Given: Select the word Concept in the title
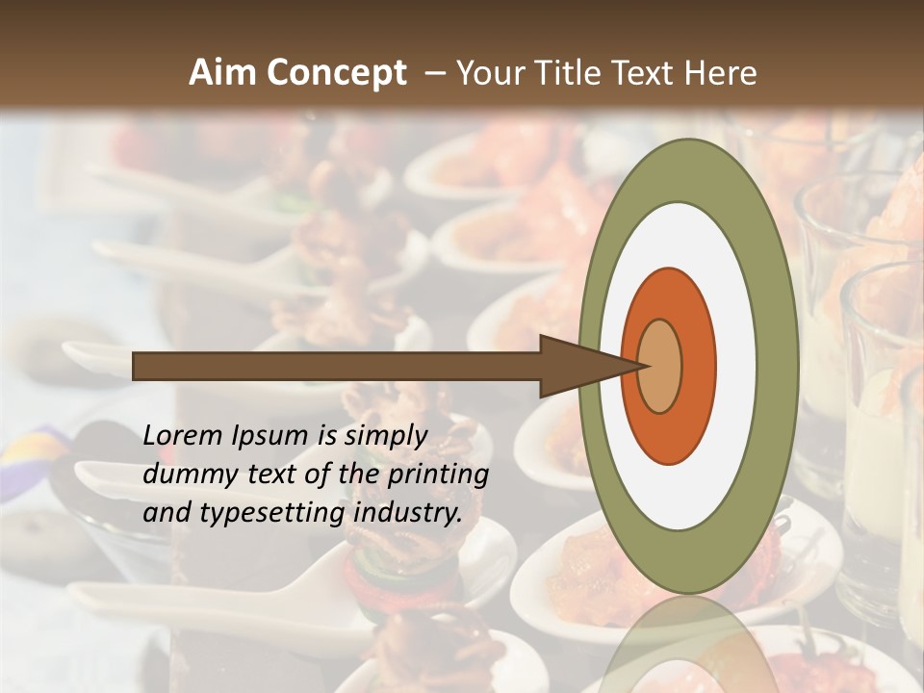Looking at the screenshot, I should (336, 73).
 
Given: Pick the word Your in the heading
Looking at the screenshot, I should (491, 73).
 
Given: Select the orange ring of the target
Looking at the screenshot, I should (697, 366).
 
